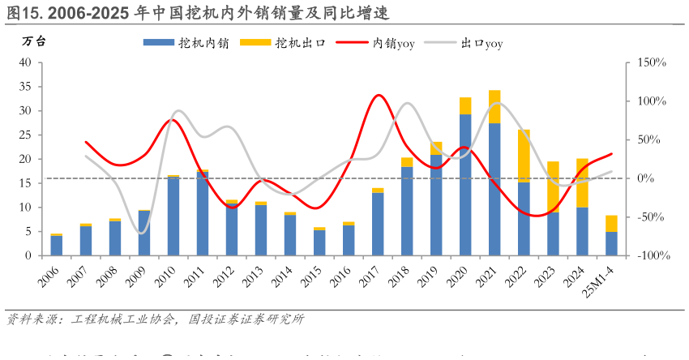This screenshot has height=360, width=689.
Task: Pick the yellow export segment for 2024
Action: pyautogui.click(x=582, y=183)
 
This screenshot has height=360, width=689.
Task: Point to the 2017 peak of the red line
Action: pyautogui.click(x=379, y=96)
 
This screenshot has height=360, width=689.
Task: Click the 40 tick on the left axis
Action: pyautogui.click(x=24, y=62)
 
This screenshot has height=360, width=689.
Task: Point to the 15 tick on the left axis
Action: pyautogui.click(x=24, y=183)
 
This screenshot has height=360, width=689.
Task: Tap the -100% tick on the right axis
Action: pyautogui.click(x=653, y=255)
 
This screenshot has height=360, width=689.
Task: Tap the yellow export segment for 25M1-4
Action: pyautogui.click(x=611, y=223)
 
